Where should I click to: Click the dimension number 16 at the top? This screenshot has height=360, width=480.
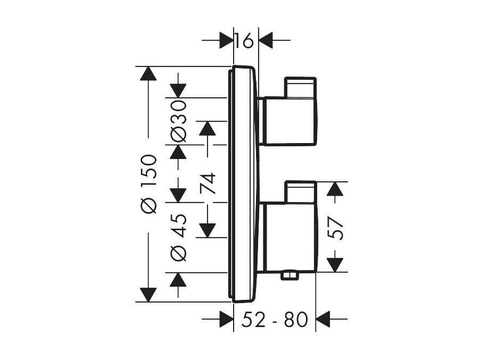tap(244, 41)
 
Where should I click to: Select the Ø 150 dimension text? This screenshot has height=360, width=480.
tap(148, 184)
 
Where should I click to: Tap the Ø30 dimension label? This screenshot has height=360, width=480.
tap(178, 122)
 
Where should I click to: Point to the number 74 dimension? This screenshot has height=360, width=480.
tap(208, 183)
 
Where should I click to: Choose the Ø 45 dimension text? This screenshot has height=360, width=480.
tap(178, 237)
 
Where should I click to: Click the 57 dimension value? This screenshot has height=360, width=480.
tap(335, 228)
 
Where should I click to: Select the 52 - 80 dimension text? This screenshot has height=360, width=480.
tap(274, 320)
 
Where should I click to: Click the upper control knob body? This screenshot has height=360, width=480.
tap(289, 121)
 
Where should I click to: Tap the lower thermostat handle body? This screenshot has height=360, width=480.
tap(289, 237)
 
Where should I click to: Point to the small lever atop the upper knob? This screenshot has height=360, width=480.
tap(300, 88)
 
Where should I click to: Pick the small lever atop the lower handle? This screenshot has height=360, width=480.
tap(300, 192)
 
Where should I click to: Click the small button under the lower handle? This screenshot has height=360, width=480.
tap(289, 275)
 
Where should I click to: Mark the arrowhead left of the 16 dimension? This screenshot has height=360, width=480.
tap(227, 40)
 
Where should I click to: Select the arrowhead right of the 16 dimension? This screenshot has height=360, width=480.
tap(266, 40)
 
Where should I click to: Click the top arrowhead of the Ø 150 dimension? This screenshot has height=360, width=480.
tap(148, 73)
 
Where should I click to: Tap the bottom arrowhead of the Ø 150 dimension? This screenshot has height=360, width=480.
tap(148, 295)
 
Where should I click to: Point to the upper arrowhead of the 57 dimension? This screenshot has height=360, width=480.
tap(335, 189)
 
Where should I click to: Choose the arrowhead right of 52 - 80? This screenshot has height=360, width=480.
tap(322, 319)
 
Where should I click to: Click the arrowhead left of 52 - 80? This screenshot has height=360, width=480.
tap(227, 319)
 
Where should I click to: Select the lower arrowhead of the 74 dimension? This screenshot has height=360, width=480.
tap(207, 230)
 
